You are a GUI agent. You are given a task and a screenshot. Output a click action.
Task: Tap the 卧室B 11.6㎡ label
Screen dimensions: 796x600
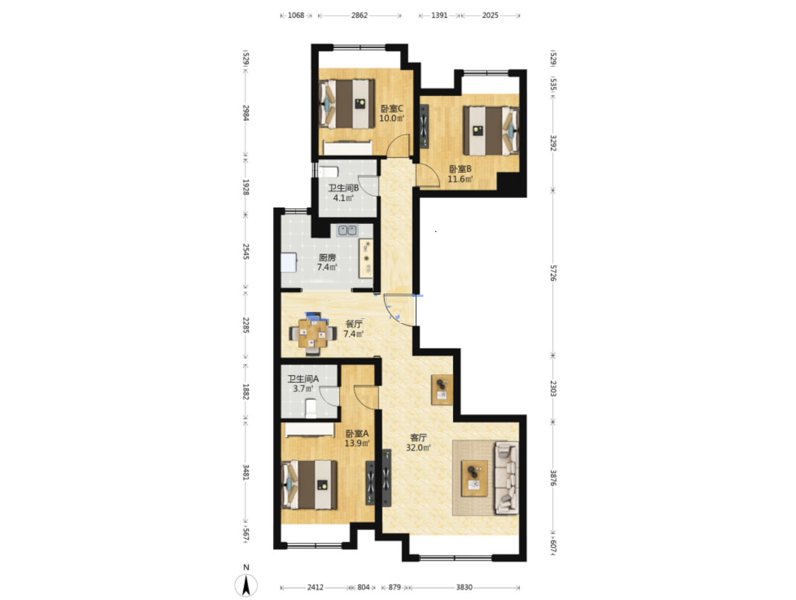coord(460,174)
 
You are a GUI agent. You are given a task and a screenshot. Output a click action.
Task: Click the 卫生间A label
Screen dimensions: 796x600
coord(303,379)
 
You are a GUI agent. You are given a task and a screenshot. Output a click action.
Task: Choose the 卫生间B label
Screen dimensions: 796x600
coord(343,188)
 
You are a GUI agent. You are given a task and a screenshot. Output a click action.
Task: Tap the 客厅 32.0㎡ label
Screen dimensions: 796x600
coord(418,443)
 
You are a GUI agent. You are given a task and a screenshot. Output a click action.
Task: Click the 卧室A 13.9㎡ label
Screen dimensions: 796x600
coord(357,438)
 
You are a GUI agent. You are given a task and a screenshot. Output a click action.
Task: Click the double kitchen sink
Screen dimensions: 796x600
coord(347,230)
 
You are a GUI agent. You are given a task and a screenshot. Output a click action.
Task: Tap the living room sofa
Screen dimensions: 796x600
coord(507,477)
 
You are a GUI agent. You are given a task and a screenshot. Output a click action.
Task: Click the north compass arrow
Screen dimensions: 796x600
coord(246,585)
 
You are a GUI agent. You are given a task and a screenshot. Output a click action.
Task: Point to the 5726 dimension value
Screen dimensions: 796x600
coord(553,273)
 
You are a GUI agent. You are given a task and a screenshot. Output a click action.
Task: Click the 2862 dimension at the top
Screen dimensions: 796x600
coord(359,15)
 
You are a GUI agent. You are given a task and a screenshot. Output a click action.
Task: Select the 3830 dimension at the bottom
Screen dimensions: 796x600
coord(464,587)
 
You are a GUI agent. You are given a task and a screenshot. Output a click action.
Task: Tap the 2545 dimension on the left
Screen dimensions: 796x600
coord(246,251)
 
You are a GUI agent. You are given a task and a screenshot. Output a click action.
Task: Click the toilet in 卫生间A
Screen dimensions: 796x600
coord(311,408)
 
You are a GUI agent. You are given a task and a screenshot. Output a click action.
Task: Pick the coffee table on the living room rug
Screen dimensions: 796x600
coord(474,478)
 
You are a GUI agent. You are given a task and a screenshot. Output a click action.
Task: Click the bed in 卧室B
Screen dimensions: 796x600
coord(491,131)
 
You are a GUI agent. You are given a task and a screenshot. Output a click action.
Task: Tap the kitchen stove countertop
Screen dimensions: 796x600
coord(365,258)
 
